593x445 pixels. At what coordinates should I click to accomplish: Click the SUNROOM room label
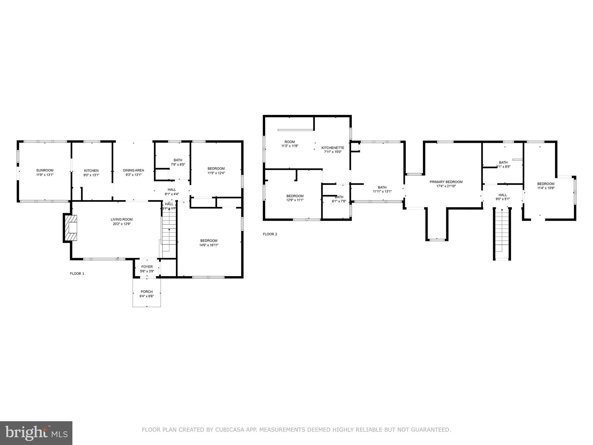coord(45,170)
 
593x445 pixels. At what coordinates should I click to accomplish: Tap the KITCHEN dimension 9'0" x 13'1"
coord(91,175)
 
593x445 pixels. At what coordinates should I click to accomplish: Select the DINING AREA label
coord(133,170)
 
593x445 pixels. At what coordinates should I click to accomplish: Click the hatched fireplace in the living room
coord(71,228)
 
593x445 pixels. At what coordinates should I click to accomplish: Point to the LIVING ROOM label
coord(121,219)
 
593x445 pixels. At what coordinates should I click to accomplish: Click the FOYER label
coord(147,267)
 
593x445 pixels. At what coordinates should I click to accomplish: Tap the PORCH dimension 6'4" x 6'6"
coord(147,296)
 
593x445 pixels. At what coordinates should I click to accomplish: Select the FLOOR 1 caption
coord(77,273)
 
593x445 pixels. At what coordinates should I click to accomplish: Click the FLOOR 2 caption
coord(270,234)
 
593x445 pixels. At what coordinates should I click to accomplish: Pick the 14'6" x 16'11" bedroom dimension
coord(208,245)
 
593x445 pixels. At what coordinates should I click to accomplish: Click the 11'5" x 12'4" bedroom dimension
coord(216,173)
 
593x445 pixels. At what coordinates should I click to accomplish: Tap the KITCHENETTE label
coord(333,148)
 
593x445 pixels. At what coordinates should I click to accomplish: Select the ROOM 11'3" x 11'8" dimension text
coord(290,146)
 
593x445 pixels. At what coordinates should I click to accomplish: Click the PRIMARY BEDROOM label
coord(446,182)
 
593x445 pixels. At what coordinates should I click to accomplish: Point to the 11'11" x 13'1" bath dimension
coord(382,192)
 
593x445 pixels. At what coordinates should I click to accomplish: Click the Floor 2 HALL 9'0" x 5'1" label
coord(503,195)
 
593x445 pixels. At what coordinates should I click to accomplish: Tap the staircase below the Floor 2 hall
coord(502,235)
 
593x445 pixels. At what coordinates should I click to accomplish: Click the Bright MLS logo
coord(36,433)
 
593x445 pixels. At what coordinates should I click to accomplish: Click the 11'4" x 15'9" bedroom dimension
coord(546,188)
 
